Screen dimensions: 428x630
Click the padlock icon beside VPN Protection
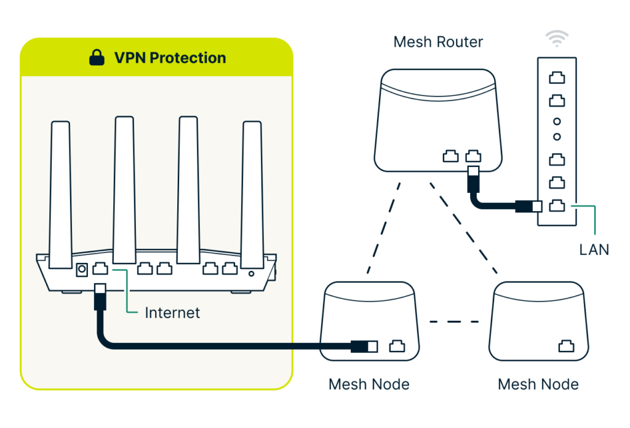(97, 58)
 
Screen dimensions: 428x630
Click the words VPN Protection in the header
(170, 58)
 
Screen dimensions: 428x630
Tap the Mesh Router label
(438, 42)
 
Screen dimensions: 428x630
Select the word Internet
(172, 313)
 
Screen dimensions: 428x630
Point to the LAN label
(594, 249)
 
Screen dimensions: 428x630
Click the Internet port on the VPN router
(100, 269)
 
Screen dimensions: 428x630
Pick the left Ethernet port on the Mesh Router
(450, 156)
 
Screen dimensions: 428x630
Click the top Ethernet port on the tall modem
(557, 78)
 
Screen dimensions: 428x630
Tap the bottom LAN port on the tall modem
(557, 206)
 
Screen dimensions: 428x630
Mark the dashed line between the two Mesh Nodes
(454, 321)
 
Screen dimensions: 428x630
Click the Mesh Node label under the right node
(538, 384)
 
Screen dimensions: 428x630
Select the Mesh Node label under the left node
(369, 384)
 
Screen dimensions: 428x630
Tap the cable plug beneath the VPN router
(100, 297)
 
